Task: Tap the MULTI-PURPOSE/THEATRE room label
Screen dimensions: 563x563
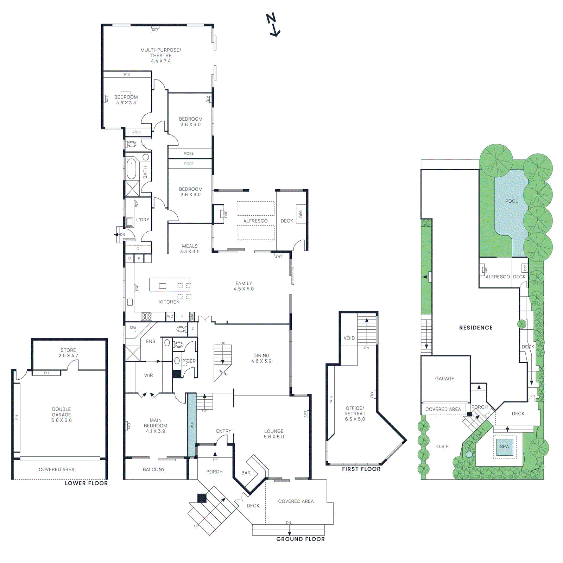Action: tap(161, 55)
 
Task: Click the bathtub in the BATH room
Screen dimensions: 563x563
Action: tap(131, 169)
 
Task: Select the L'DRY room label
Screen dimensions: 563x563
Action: tap(143, 220)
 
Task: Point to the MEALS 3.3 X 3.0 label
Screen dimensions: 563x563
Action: tap(190, 249)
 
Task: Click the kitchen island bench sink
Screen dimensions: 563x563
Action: tap(163, 286)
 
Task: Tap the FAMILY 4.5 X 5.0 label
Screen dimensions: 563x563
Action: tap(243, 286)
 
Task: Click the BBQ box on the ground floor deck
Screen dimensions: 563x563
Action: tap(301, 214)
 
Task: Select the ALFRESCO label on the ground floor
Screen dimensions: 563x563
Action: tap(255, 221)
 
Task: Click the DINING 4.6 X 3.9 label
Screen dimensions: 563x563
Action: tap(261, 358)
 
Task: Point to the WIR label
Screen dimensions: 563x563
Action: tap(148, 375)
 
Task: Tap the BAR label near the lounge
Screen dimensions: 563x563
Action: tap(246, 473)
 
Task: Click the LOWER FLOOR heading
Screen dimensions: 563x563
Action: tap(86, 483)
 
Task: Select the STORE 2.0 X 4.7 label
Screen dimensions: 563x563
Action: tap(68, 353)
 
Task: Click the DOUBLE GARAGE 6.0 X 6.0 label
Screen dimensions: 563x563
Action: tap(62, 415)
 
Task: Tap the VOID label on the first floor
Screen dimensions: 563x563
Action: tap(349, 338)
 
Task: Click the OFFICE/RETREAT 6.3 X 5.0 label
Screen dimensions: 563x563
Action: tap(355, 413)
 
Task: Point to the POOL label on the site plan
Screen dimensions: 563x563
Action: tap(511, 201)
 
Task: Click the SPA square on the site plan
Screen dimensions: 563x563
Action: tap(504, 447)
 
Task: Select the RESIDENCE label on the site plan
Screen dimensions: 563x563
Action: tap(476, 328)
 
